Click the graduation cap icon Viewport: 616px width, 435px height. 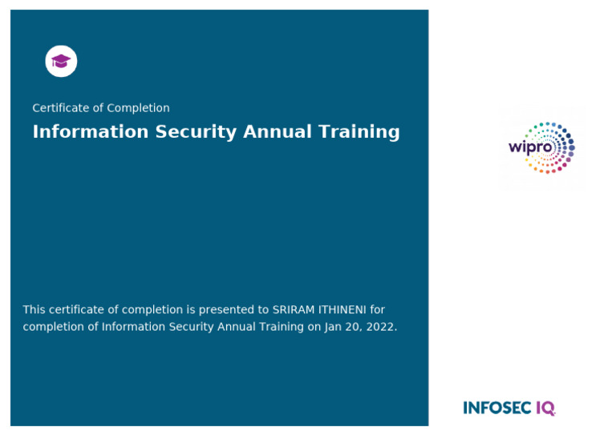coord(61,62)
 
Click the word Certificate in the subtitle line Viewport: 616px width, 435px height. coord(60,108)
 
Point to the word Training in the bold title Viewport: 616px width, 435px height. coord(361,132)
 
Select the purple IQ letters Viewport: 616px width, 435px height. coord(545,409)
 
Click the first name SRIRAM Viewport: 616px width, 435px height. coord(293,309)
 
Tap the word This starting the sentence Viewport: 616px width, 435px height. coord(34,309)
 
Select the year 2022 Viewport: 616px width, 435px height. coord(381,327)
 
